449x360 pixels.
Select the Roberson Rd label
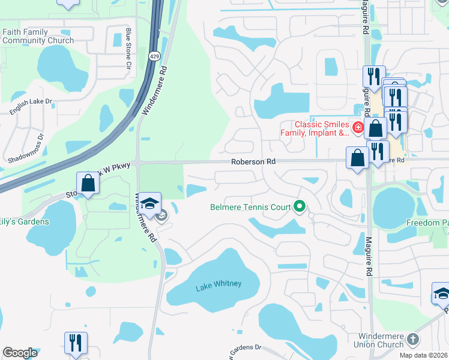pos(254,162)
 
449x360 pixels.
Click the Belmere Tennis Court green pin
pos(300,207)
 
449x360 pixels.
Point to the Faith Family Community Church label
pos(38,36)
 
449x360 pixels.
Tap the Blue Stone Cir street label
pos(128,49)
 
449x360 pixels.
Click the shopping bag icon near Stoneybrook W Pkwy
pos(88,184)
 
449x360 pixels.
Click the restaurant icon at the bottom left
pos(76,343)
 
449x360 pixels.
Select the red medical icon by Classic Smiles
pos(357,127)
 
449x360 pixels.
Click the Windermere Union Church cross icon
pos(412,340)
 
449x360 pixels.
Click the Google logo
pos(20,353)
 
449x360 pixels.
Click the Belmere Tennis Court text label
pos(250,208)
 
